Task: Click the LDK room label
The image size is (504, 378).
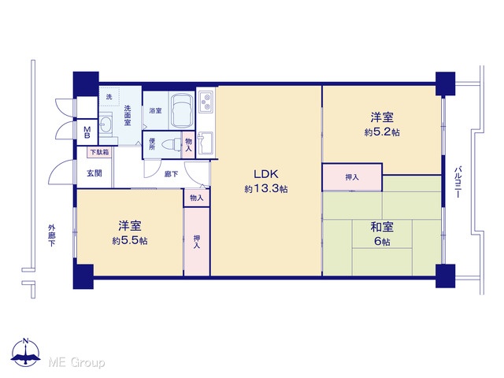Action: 266,174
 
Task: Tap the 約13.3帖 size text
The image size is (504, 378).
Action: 266,189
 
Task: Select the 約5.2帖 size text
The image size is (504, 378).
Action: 382,132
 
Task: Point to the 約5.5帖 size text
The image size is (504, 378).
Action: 129,241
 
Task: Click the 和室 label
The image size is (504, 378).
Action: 382,227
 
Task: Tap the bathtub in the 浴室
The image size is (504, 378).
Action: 181,110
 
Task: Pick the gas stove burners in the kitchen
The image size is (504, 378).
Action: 206,102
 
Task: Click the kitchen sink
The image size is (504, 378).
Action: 205,143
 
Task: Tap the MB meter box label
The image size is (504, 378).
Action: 87,132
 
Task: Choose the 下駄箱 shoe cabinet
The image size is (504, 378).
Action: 99,152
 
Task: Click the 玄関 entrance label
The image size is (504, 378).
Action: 94,173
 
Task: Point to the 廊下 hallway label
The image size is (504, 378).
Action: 171,174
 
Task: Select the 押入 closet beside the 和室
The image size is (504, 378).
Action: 352,177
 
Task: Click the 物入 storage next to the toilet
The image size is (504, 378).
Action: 189,145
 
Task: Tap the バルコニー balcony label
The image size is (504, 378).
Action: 458,182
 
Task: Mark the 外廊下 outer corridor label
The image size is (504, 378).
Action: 51,235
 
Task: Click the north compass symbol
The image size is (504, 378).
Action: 26,352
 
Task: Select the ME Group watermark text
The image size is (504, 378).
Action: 76,363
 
